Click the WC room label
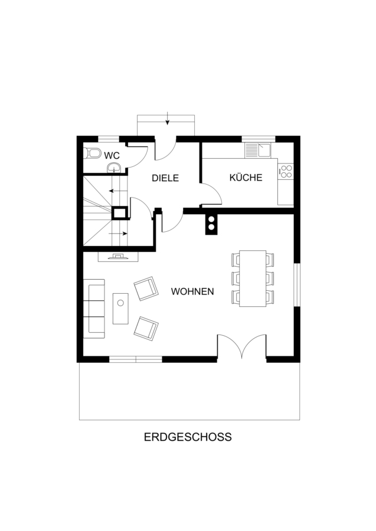pyautogui.click(x=112, y=156)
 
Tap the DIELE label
pyautogui.click(x=165, y=178)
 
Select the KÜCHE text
pyautogui.click(x=246, y=177)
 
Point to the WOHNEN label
pyautogui.click(x=192, y=291)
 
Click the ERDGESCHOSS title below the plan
pyautogui.click(x=188, y=437)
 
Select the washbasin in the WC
pyautogui.click(x=113, y=168)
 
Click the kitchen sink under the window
pyautogui.click(x=258, y=150)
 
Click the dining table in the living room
pyautogui.click(x=253, y=278)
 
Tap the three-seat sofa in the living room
pyautogui.click(x=94, y=309)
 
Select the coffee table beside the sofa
pyautogui.click(x=120, y=309)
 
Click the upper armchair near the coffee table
pyautogui.click(x=146, y=288)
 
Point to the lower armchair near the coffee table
pyautogui.click(x=146, y=329)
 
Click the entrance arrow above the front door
pyautogui.click(x=167, y=118)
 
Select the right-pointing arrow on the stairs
pyautogui.click(x=118, y=233)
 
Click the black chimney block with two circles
pyautogui.click(x=212, y=224)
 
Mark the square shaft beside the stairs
pyautogui.click(x=120, y=214)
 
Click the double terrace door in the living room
pyautogui.click(x=241, y=345)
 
